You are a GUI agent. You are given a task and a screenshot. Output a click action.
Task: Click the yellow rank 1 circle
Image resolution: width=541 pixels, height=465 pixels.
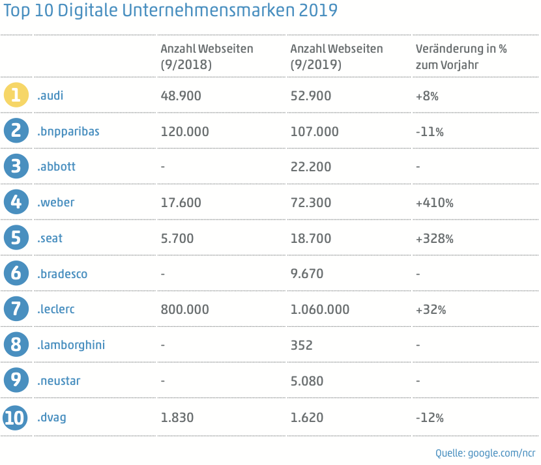coord(16,95)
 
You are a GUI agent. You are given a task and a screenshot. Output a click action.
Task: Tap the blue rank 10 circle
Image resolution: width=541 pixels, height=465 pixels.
coord(16,417)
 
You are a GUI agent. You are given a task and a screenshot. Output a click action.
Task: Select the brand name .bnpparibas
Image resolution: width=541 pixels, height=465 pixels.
coord(68,131)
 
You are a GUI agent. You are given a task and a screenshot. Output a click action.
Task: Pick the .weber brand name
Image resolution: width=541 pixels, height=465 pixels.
coord(56,203)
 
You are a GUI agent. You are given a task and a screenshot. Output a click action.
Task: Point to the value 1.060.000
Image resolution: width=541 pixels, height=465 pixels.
coord(320,309)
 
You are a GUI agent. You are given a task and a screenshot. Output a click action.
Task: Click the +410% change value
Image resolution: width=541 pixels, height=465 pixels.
coord(434,203)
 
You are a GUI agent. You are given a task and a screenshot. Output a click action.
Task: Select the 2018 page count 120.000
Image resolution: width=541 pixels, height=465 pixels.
coord(184,131)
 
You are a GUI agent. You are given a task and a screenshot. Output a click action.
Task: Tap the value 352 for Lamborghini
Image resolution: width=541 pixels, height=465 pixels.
coord(302,345)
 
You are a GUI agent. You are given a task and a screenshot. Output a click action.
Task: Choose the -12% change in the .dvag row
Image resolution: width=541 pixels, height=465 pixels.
coord(430,417)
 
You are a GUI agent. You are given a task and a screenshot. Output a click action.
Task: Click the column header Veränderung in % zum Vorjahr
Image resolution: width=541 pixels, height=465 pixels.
coord(461,57)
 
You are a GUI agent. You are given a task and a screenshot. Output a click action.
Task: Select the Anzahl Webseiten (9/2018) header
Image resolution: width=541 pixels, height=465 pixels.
coord(207,57)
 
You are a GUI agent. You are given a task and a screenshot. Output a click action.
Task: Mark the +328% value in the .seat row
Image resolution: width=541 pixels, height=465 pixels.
coord(434,238)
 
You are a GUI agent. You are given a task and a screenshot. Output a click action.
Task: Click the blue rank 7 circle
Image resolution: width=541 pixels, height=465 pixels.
coord(16,309)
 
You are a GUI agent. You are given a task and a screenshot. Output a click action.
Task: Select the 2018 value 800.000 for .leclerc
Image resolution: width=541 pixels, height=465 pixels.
coord(184,309)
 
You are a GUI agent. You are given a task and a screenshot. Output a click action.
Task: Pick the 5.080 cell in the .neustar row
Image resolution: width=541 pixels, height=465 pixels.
coord(306,381)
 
